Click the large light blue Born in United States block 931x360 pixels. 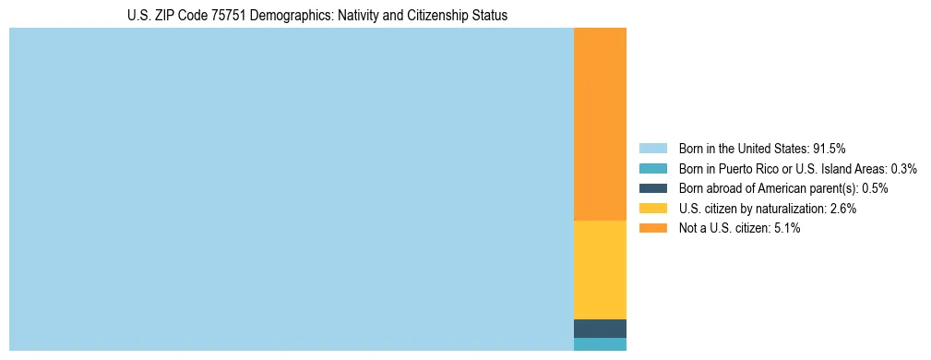pos(291,189)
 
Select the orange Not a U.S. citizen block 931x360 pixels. pos(600,125)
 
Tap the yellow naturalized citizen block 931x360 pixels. pos(600,270)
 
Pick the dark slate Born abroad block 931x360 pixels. pos(600,329)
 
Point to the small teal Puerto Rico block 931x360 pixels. pos(600,344)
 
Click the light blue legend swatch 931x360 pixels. pos(652,148)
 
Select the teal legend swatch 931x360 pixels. pos(652,168)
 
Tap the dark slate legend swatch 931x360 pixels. pos(652,188)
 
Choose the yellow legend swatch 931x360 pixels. pos(652,209)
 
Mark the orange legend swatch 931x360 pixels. pos(652,228)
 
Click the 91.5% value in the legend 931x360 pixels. pos(829,148)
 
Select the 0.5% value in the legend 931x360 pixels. pos(875,188)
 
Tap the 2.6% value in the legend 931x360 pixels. pos(843,209)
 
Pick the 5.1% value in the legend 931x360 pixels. pos(787,228)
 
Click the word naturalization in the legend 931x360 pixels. pos(791,209)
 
